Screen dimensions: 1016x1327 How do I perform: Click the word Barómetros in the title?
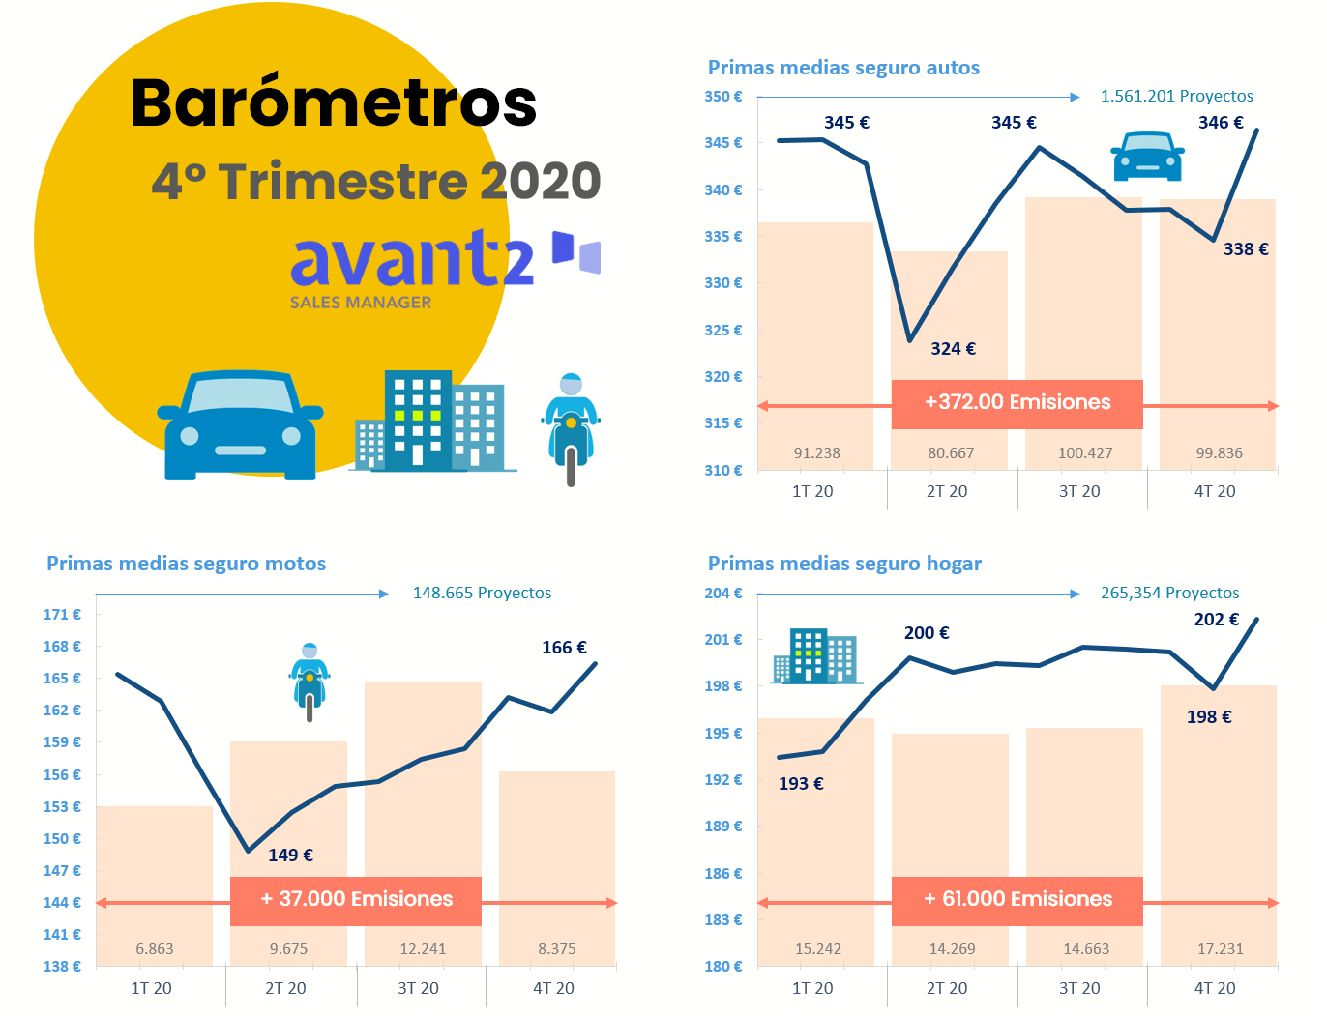[334, 102]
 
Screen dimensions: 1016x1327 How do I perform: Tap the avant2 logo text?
[412, 259]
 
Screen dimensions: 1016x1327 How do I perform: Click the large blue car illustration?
[240, 425]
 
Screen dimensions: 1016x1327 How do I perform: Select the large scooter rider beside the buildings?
[571, 428]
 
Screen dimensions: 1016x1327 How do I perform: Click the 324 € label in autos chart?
[953, 349]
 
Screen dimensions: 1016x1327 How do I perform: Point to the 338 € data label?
[1246, 249]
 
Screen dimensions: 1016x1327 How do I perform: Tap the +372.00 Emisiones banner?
[1017, 403]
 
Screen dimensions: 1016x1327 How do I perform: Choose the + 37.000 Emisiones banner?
[356, 900]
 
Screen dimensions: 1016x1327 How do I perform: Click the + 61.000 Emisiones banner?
[1017, 900]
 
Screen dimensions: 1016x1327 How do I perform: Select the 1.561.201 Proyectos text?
[1176, 97]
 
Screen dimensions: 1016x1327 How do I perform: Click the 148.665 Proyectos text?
[482, 594]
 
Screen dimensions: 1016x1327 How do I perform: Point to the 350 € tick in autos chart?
[723, 97]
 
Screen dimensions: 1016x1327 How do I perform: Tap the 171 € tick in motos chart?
[62, 615]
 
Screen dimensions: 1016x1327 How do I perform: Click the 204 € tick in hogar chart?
[723, 594]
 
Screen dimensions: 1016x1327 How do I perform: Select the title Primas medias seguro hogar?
[844, 564]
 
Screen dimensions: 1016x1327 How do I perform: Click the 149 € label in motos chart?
[290, 856]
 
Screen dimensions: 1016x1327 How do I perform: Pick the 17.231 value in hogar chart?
[1220, 949]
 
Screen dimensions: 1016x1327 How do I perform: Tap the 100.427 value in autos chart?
[1085, 453]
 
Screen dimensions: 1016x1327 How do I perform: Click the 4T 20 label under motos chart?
[553, 989]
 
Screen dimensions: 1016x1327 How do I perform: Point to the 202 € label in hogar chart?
[1216, 620]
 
